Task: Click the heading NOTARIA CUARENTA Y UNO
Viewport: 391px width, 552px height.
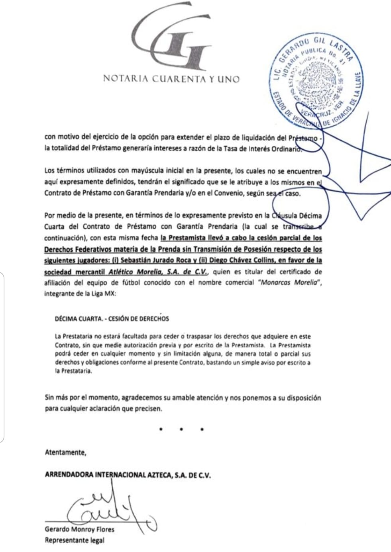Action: (x=171, y=79)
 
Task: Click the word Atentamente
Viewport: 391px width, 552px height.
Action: (x=65, y=452)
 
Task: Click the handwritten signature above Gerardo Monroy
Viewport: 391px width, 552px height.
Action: (x=108, y=510)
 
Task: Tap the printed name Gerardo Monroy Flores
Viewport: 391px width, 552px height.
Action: (x=80, y=529)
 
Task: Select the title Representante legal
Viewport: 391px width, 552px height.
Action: (x=75, y=540)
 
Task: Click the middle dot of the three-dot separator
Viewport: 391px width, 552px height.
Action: (x=181, y=429)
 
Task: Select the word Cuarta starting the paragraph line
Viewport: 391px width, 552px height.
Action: (x=55, y=227)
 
